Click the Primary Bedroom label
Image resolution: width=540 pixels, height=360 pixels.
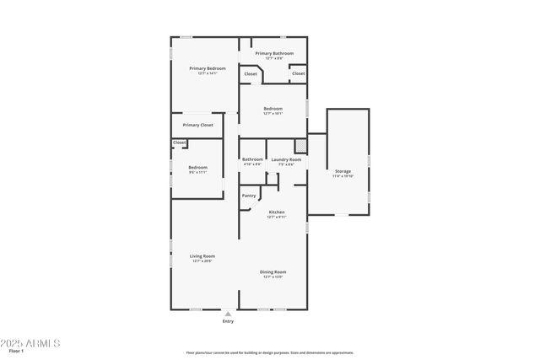tap(202, 68)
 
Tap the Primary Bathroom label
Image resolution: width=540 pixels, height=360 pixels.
tap(274, 53)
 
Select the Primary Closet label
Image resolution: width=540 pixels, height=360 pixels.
tap(197, 125)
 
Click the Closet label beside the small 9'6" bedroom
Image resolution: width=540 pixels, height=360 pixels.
tap(179, 142)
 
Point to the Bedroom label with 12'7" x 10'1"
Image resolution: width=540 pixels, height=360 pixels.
tap(273, 108)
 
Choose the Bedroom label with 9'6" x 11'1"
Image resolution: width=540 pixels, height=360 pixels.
tap(197, 167)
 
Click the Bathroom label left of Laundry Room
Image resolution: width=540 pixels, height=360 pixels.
tap(253, 159)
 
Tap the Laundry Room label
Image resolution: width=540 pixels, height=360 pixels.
tap(286, 159)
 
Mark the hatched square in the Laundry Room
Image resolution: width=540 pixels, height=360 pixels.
tap(300, 145)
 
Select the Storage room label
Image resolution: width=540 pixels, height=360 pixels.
tap(343, 171)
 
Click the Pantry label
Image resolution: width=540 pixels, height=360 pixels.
tap(249, 196)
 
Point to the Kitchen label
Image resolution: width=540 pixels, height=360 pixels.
tap(277, 212)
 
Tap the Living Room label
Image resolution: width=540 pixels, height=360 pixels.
tap(202, 256)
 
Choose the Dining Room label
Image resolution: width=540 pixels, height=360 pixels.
tap(273, 271)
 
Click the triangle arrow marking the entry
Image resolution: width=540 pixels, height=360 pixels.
tap(228, 313)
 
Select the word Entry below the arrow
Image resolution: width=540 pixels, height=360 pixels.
tap(228, 321)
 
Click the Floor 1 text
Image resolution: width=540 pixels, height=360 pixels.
tap(18, 350)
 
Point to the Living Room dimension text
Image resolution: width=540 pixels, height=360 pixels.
tap(202, 261)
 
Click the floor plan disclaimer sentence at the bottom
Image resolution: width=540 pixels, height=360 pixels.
tap(270, 352)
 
